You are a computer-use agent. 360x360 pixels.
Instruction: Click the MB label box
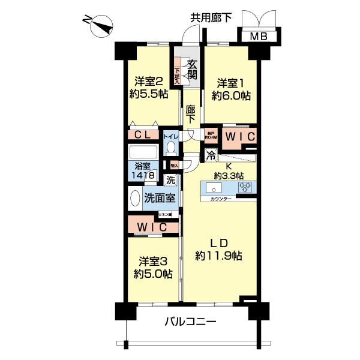[259, 37]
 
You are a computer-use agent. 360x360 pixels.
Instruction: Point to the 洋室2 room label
[148, 82]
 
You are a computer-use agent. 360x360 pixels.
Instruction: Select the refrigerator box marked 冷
[211, 155]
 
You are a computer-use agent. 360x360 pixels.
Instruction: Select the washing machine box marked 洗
[170, 179]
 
